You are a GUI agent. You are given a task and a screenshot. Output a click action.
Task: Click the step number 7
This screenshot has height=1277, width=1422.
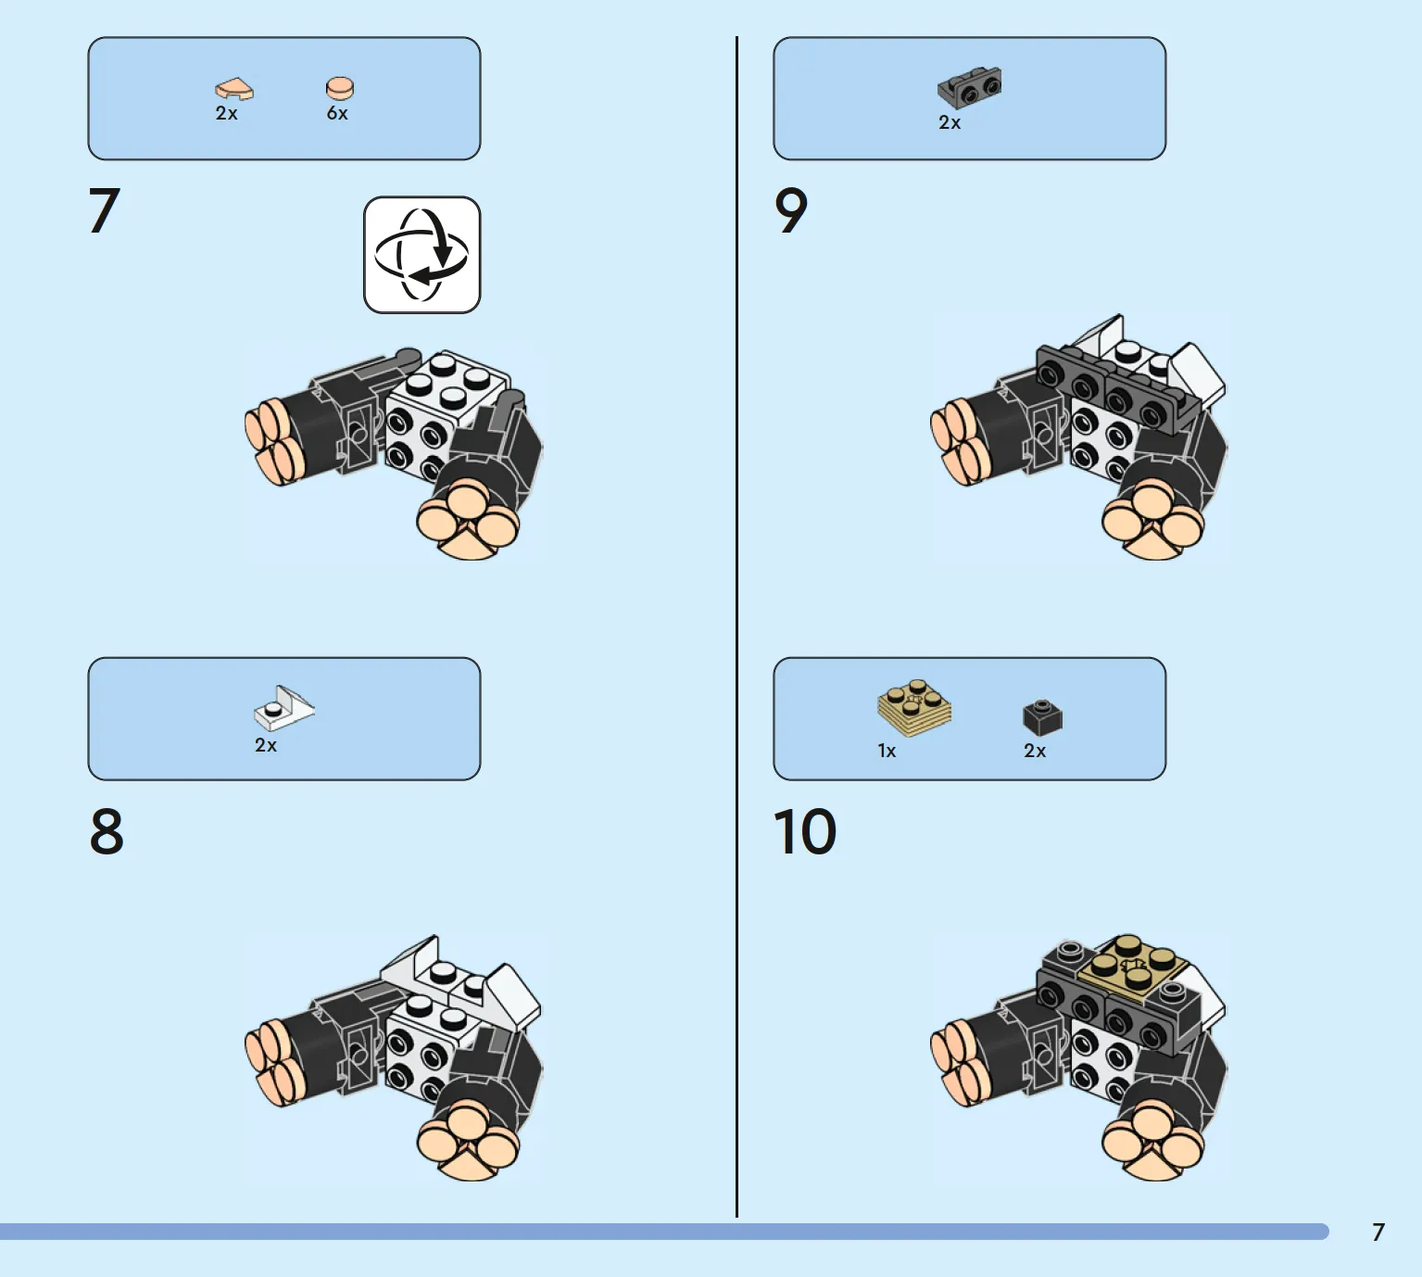pos(104,210)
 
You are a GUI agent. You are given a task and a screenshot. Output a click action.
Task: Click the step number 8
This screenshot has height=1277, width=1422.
pos(107,831)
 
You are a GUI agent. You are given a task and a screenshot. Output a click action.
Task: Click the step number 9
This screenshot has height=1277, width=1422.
pos(791,210)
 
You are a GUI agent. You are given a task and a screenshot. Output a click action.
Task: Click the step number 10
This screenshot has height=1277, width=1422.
pos(804,831)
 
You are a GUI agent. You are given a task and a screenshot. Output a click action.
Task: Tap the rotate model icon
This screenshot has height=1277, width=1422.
pos(422,255)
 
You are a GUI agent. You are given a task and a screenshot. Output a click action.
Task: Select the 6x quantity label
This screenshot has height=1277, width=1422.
pos(337,113)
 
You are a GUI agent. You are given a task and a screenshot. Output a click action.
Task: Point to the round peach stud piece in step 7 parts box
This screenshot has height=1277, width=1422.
pos(340,88)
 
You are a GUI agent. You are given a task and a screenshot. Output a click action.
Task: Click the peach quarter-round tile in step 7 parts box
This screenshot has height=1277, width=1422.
pos(233,89)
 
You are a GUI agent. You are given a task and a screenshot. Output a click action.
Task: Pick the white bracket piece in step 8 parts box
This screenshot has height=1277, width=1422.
pos(283,708)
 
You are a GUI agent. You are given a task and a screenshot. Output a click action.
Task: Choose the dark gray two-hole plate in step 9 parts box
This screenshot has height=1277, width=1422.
pos(969,88)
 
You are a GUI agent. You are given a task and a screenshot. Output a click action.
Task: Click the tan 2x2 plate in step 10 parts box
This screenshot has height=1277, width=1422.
pos(914,708)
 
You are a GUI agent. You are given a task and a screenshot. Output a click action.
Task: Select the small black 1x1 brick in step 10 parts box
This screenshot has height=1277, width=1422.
pos(1042,716)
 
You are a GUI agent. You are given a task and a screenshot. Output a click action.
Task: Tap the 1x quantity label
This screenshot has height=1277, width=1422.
pos(887,752)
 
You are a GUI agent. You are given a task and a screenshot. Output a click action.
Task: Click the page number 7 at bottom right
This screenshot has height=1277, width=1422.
pos(1378,1233)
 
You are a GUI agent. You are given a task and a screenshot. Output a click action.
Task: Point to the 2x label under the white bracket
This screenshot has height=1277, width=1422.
pos(265,745)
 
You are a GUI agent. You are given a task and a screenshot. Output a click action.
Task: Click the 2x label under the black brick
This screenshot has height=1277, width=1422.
pos(1035,752)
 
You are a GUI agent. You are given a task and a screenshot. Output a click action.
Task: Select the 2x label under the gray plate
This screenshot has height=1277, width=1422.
pos(949,123)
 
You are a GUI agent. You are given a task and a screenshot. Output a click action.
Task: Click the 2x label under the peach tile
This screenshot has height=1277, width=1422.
pos(226,113)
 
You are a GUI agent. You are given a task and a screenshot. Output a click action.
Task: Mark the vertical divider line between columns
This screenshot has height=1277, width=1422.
pos(737,627)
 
